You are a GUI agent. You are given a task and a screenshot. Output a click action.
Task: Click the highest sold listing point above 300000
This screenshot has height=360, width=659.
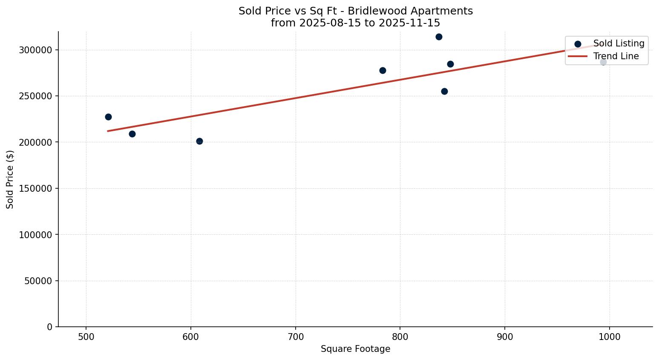click(x=439, y=37)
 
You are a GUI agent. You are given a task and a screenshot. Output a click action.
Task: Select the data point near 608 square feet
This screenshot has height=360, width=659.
click(x=199, y=141)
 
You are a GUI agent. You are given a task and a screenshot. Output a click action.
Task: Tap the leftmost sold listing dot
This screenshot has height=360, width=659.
click(x=108, y=117)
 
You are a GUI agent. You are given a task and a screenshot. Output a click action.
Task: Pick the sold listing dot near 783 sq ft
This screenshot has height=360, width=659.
click(x=383, y=70)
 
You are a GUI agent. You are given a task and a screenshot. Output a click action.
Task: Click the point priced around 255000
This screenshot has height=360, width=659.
click(x=444, y=91)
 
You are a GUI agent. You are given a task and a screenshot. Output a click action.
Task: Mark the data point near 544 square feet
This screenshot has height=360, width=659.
click(x=132, y=134)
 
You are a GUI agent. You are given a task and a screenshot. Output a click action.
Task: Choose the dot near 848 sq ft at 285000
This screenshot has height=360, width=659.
click(x=450, y=64)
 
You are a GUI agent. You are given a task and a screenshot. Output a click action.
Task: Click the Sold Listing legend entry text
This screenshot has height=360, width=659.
click(x=619, y=43)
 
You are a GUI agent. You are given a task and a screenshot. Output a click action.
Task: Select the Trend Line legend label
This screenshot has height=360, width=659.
click(x=616, y=56)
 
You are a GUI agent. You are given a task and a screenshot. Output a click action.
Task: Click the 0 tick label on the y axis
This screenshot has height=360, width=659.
click(x=50, y=327)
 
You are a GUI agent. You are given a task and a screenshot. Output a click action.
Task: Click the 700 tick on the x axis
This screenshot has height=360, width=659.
click(x=296, y=337)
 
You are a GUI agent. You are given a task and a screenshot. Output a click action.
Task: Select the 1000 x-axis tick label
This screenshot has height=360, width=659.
click(x=609, y=337)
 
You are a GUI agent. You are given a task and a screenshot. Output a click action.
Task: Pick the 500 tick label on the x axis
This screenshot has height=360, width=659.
click(x=86, y=337)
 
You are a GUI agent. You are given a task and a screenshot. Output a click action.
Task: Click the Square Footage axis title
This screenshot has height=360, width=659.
click(x=355, y=349)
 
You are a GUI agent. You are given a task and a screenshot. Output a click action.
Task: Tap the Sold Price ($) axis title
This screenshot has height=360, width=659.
click(x=10, y=179)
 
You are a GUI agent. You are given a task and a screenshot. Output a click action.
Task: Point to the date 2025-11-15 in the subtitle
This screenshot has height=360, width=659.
click(x=412, y=23)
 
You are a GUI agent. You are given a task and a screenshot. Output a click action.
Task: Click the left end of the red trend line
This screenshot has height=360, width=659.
click(x=108, y=131)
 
